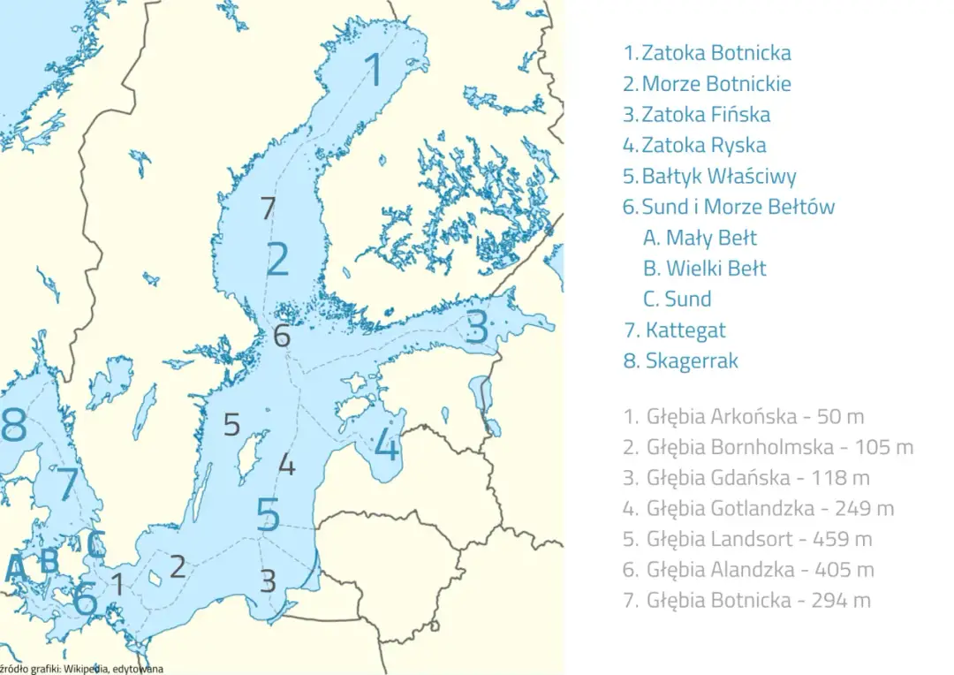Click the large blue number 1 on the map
[x=375, y=69]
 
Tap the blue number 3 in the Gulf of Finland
[x=477, y=328]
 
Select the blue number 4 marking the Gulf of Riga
[x=387, y=445]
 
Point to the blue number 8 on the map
[x=13, y=426]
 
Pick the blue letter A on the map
[x=15, y=568]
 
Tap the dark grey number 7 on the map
[x=269, y=209]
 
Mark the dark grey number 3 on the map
[x=268, y=580]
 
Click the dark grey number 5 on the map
[x=231, y=425]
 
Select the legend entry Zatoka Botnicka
[x=715, y=53]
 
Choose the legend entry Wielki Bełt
[x=715, y=269]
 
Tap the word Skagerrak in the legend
[x=691, y=360]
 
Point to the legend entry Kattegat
[x=685, y=330]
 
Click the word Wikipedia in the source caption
[x=87, y=669]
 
